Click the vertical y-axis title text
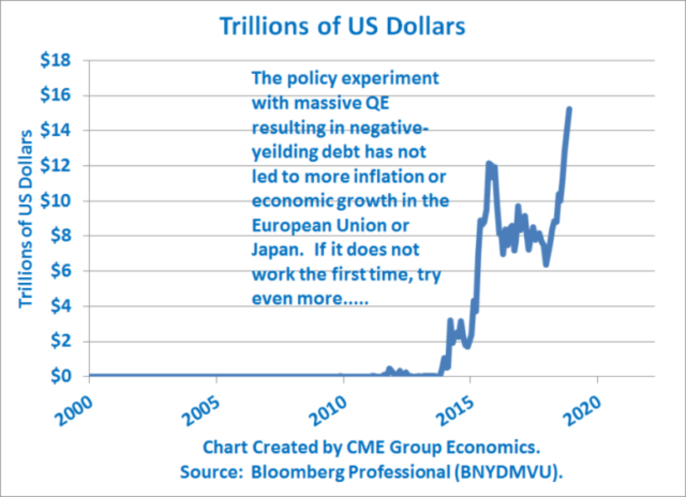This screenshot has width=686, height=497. tap(26, 218)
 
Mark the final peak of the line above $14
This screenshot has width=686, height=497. tap(569, 109)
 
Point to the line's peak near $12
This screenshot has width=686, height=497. tap(489, 165)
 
